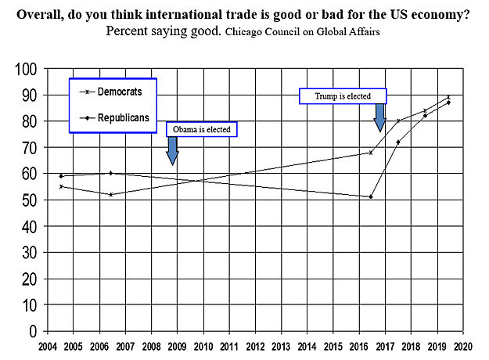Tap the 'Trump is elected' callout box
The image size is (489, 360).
point(343,96)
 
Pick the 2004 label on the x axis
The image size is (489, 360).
point(49,344)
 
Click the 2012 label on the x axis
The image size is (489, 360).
point(255,344)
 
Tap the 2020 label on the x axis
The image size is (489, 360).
point(462,344)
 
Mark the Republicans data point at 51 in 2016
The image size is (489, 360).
point(371,196)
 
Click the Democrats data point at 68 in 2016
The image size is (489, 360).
point(371,153)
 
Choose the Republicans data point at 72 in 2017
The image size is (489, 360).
point(398,142)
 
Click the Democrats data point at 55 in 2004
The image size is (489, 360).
point(61,186)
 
